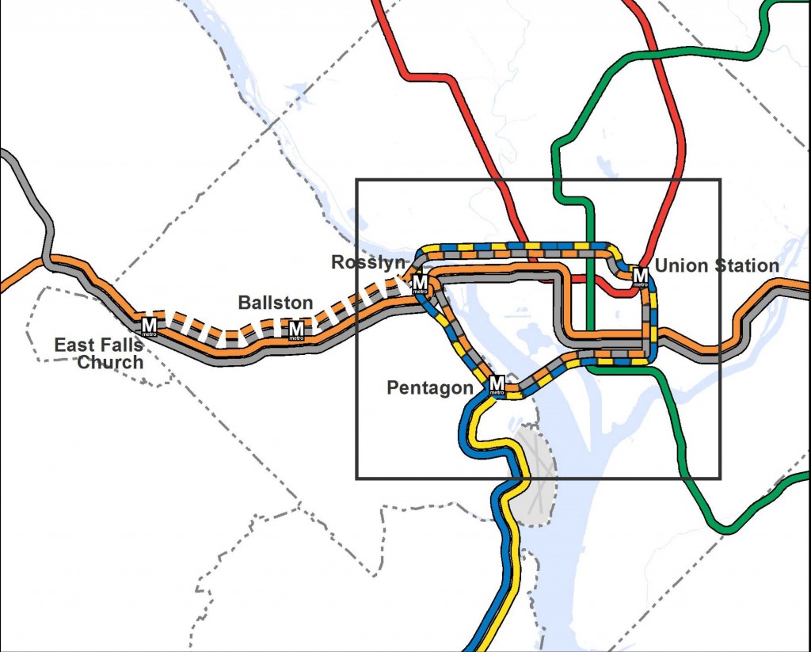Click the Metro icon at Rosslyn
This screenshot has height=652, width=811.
420,284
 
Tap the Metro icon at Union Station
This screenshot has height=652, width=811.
641,276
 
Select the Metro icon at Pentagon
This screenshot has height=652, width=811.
497,384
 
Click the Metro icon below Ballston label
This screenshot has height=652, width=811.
296,330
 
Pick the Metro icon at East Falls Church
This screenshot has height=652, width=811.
149,325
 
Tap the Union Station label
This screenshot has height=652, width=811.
717,265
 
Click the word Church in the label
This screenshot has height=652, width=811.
110,363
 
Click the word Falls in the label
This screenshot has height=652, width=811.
120,345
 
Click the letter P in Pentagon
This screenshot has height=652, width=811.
392,388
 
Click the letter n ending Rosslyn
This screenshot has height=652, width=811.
402,263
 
